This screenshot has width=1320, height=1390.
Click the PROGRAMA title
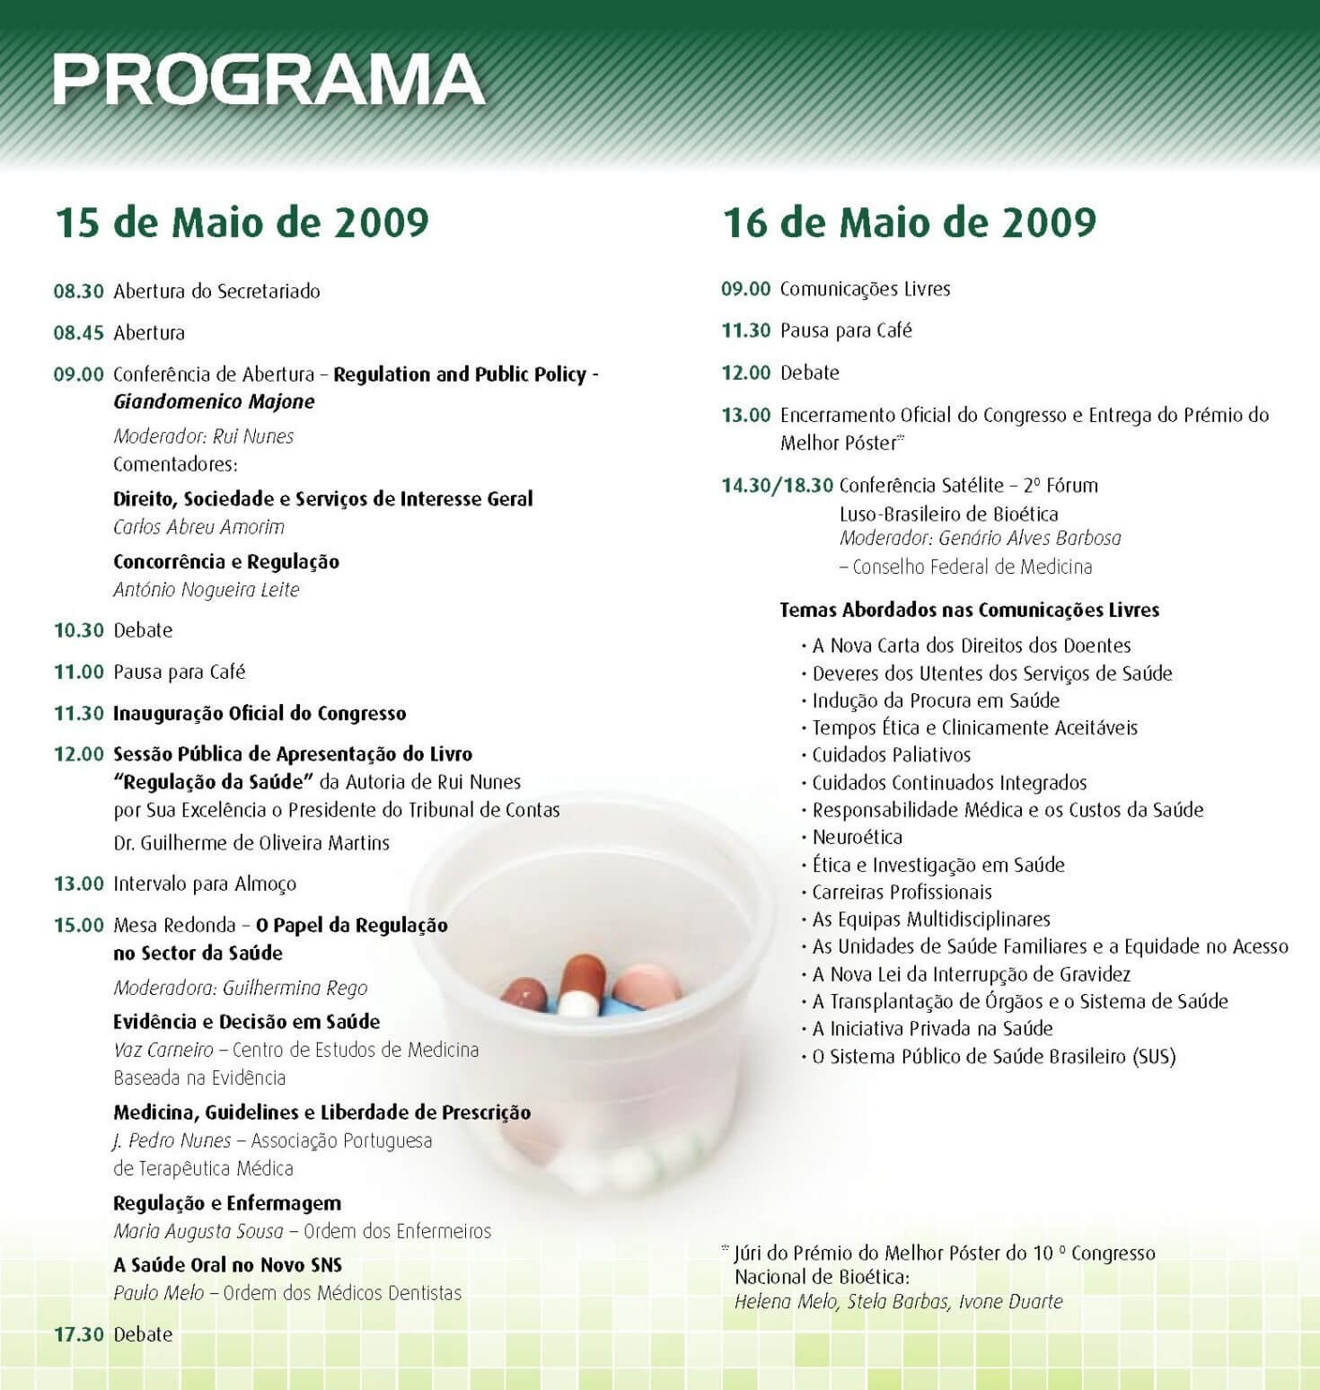pyautogui.click(x=268, y=79)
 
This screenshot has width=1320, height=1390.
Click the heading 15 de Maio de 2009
pyautogui.click(x=242, y=222)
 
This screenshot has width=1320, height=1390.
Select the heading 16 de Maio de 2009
pyautogui.click(x=909, y=222)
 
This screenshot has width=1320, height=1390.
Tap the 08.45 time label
pyautogui.click(x=79, y=333)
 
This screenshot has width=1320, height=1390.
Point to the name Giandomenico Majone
pyautogui.click(x=214, y=401)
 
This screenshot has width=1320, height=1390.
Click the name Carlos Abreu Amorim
pyautogui.click(x=198, y=527)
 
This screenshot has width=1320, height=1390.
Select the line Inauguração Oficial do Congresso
pyautogui.click(x=260, y=714)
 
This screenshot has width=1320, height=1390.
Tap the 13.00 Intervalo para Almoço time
pyautogui.click(x=79, y=884)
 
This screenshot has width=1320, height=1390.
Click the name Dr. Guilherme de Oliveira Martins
pyautogui.click(x=251, y=843)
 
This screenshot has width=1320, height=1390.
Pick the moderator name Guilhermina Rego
pyautogui.click(x=295, y=989)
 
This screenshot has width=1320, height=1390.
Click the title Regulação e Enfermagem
pyautogui.click(x=227, y=1203)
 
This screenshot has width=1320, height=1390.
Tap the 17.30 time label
pyautogui.click(x=79, y=1334)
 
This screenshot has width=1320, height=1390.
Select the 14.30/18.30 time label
pyautogui.click(x=777, y=486)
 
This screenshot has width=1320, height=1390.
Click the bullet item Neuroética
pyautogui.click(x=857, y=837)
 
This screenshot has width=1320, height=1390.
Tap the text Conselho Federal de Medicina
pyautogui.click(x=972, y=567)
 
